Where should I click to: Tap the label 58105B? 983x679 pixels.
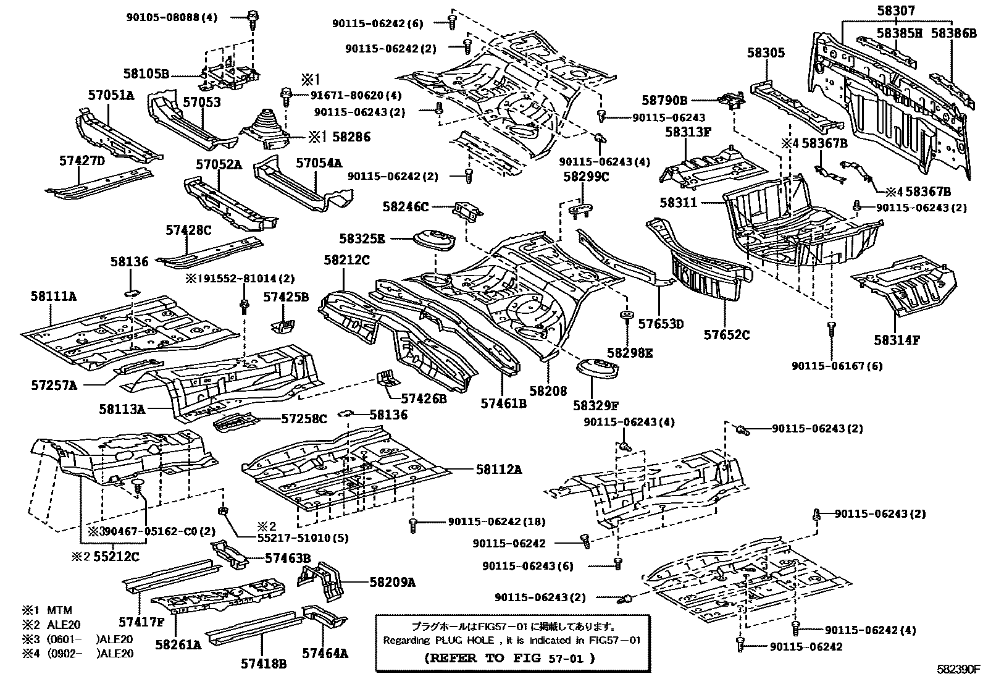tap(146, 74)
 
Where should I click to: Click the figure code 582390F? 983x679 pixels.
tap(958, 669)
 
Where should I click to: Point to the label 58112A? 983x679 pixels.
tap(498, 470)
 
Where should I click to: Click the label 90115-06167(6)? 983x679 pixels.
tap(837, 366)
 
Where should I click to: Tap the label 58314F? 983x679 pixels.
tap(897, 340)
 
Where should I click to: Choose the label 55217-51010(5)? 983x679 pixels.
tap(303, 538)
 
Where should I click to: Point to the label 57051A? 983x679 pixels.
tap(111, 95)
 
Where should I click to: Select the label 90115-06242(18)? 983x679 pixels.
tap(496, 521)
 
